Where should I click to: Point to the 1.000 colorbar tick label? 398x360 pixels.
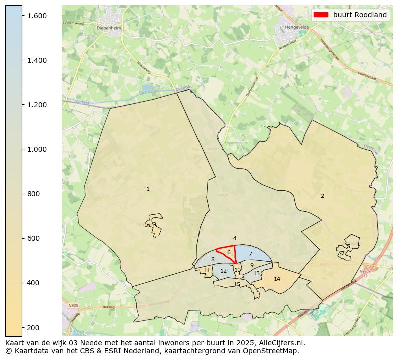point(37,149)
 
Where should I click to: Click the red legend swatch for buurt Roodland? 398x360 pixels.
point(321,15)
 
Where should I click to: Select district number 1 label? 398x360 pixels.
point(148,189)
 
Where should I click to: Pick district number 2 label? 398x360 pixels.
point(322,196)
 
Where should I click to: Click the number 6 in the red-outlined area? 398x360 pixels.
point(229,253)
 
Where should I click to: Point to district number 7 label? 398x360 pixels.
point(250,254)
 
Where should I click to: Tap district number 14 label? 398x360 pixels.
point(277,279)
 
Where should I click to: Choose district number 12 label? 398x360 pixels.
point(224,271)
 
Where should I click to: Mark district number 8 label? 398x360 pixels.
point(213,259)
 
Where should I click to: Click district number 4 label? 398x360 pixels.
point(235,239)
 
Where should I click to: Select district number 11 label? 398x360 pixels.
point(206,270)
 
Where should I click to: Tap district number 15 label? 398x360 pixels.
point(237,284)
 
